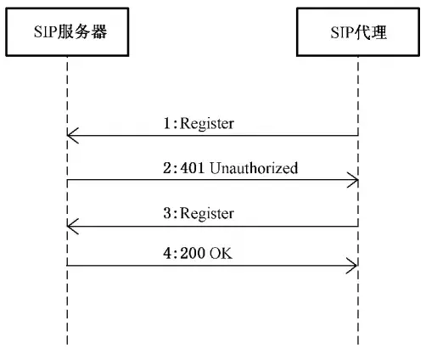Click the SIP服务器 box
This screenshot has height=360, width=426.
coord(65,34)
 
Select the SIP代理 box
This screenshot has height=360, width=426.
coord(356,34)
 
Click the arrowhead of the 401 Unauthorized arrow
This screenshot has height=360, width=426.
coord(352,180)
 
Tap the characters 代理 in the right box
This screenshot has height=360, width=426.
coord(371,34)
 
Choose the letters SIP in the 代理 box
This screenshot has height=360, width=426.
coord(343,34)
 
